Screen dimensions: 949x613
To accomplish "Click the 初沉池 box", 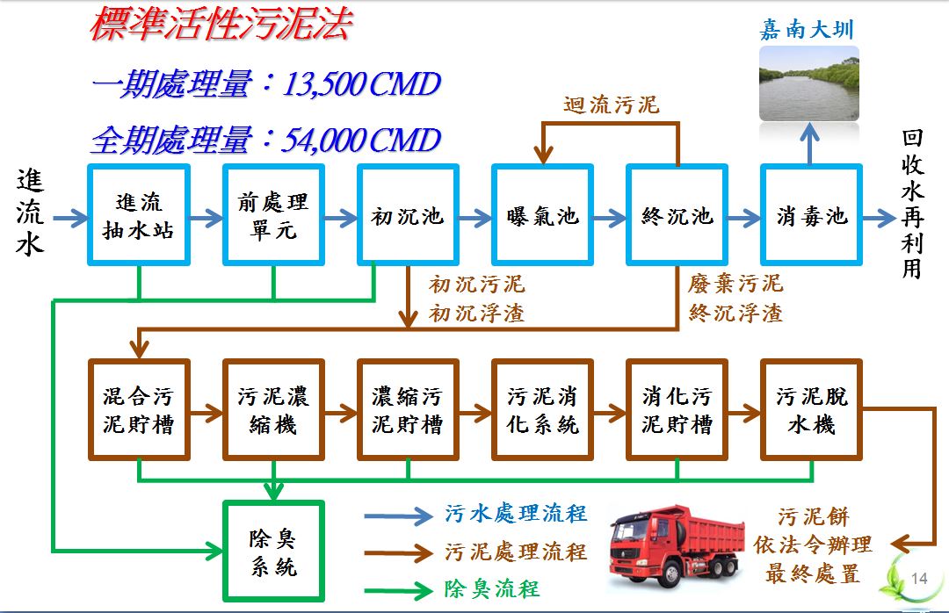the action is click(408, 215).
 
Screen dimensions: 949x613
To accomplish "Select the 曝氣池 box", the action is click(542, 215).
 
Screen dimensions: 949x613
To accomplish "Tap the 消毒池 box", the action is click(812, 215).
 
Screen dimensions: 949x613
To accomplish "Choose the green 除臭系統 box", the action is click(273, 551).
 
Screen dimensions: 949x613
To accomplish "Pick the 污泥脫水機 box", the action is click(812, 409).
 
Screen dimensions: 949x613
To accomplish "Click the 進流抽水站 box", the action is click(139, 215).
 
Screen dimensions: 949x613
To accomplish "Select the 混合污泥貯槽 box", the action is click(139, 409).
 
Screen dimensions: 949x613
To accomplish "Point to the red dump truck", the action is click(676, 546).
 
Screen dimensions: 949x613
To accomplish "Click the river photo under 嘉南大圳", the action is click(809, 83).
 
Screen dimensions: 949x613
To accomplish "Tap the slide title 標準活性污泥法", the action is click(221, 25).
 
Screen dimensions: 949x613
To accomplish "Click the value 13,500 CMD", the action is click(361, 83).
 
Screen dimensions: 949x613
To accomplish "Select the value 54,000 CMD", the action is click(361, 140).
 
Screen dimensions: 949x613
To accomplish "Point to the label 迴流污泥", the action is click(612, 105).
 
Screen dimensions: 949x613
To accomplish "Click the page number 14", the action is click(919, 579).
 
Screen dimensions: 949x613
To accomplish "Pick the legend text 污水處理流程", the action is click(516, 514).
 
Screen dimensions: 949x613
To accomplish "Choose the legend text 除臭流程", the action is click(491, 588).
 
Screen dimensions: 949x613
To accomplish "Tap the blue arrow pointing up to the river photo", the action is click(810, 143).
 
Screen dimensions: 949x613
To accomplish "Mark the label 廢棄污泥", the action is click(735, 283).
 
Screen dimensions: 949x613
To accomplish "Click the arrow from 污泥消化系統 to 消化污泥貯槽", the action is click(610, 414).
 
